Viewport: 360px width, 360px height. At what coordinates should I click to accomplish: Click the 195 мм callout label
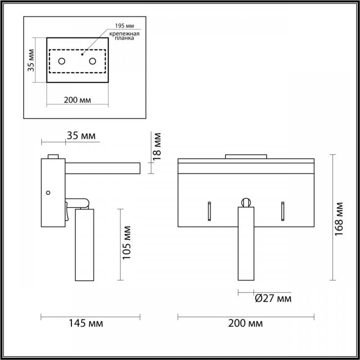tap(125, 26)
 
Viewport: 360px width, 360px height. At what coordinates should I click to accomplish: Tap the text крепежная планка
tap(124, 36)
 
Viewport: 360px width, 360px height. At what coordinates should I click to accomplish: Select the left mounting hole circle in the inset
tap(62, 61)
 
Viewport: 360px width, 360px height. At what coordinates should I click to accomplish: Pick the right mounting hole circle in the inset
tap(93, 61)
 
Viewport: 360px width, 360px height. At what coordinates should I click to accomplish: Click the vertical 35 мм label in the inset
tap(31, 60)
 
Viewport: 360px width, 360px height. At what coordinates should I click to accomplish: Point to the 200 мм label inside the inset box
tap(77, 100)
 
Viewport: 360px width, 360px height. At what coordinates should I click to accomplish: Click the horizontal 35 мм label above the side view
tap(81, 136)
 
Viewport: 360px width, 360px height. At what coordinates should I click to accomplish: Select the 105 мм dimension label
tap(126, 243)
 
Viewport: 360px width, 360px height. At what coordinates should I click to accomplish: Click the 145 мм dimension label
tap(86, 323)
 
